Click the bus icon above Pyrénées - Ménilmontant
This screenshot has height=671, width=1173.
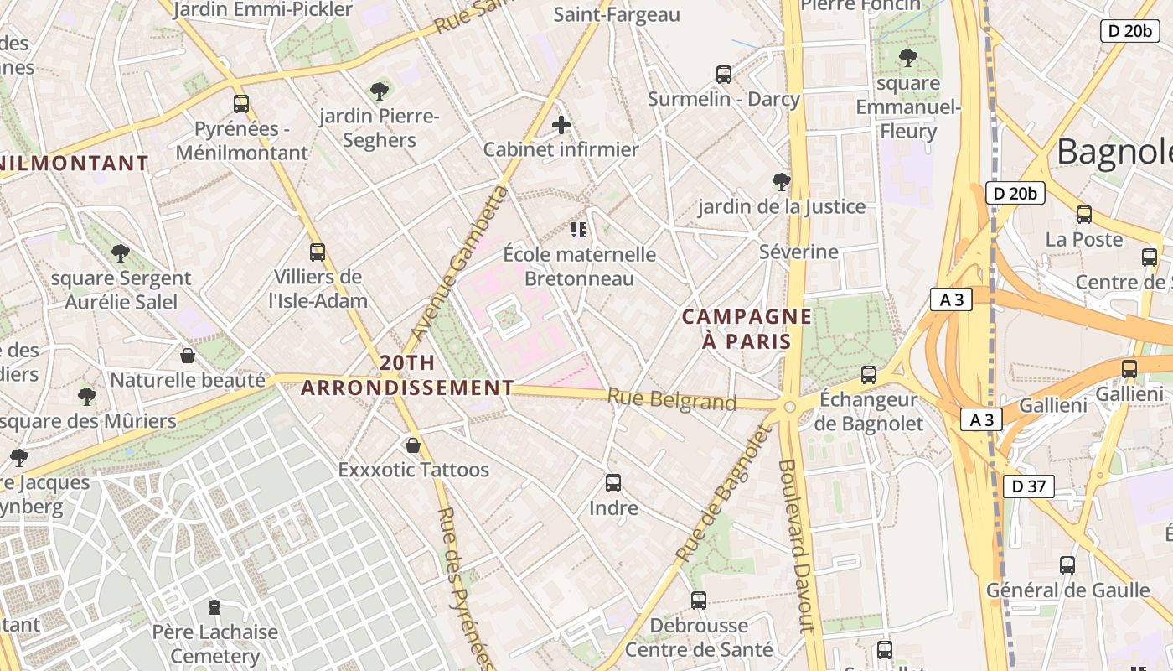coord(241,104)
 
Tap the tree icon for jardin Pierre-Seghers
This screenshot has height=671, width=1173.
coord(380,91)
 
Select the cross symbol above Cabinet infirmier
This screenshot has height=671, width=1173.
coord(561,126)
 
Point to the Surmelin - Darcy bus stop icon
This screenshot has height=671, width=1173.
coord(724,74)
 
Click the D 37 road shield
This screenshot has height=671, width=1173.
coord(1028,486)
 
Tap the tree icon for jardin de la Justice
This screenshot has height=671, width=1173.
coord(781,181)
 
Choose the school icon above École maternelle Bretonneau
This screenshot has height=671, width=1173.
coord(578,229)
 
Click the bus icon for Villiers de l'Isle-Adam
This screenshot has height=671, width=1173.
coord(317,252)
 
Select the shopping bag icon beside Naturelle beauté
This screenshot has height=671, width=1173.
coord(188,356)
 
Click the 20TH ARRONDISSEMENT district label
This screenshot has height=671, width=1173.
coord(407,375)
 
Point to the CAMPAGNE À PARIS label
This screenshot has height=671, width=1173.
coord(747,329)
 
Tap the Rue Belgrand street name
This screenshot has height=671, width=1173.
coord(672,400)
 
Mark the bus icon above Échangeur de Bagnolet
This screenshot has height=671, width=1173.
coord(869,374)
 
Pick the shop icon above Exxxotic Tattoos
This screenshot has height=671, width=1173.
coord(412,445)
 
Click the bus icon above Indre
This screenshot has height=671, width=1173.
coord(613,482)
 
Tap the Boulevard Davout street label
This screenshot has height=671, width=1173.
coord(797,545)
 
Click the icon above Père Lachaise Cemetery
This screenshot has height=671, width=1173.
coord(214,606)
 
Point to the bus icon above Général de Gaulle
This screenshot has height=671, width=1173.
coord(1067,564)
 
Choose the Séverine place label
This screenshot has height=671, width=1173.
coord(798,252)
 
